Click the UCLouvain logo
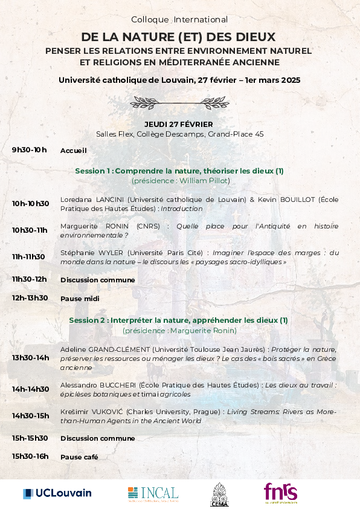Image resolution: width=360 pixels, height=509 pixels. click(x=57, y=493)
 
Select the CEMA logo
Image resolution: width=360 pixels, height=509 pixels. click(x=219, y=494)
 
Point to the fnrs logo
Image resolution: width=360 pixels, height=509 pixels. click(x=280, y=493)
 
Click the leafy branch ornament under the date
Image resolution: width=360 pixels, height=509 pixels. click(x=179, y=102)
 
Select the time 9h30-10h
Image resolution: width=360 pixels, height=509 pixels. click(x=29, y=150)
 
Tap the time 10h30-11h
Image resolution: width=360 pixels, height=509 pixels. click(x=30, y=230)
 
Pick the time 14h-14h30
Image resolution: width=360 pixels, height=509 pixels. click(x=30, y=389)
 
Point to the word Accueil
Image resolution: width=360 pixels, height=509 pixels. click(x=74, y=151)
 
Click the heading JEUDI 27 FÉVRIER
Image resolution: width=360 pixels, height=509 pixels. click(x=179, y=124)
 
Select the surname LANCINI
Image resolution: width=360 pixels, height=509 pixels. click(x=109, y=199)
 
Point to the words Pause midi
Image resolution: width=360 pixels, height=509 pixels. click(x=79, y=299)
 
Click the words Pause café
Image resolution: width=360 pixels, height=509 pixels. click(x=79, y=457)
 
